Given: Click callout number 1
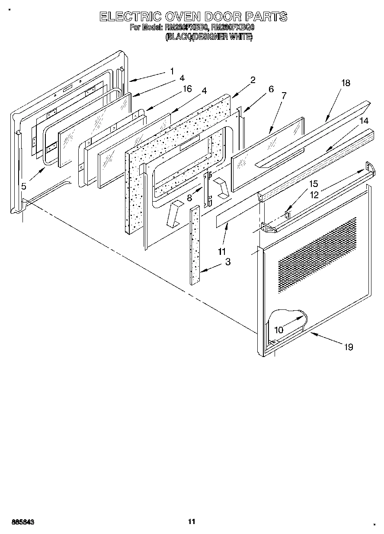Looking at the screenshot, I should (172, 71).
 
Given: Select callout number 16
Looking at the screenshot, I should (187, 89).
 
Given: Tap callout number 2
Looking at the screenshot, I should (253, 80).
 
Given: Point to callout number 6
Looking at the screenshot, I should (271, 89).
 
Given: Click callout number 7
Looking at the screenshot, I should (284, 96).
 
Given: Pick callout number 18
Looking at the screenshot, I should (345, 83).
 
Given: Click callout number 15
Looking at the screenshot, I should (313, 184).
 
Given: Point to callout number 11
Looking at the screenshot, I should (222, 251).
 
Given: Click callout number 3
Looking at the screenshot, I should (227, 262).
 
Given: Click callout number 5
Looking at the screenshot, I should (24, 186).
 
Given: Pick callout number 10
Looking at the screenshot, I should (278, 330).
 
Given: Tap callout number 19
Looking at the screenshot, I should (349, 347).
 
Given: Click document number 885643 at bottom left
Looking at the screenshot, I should (21, 522).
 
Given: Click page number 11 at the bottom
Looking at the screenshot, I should (192, 521).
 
